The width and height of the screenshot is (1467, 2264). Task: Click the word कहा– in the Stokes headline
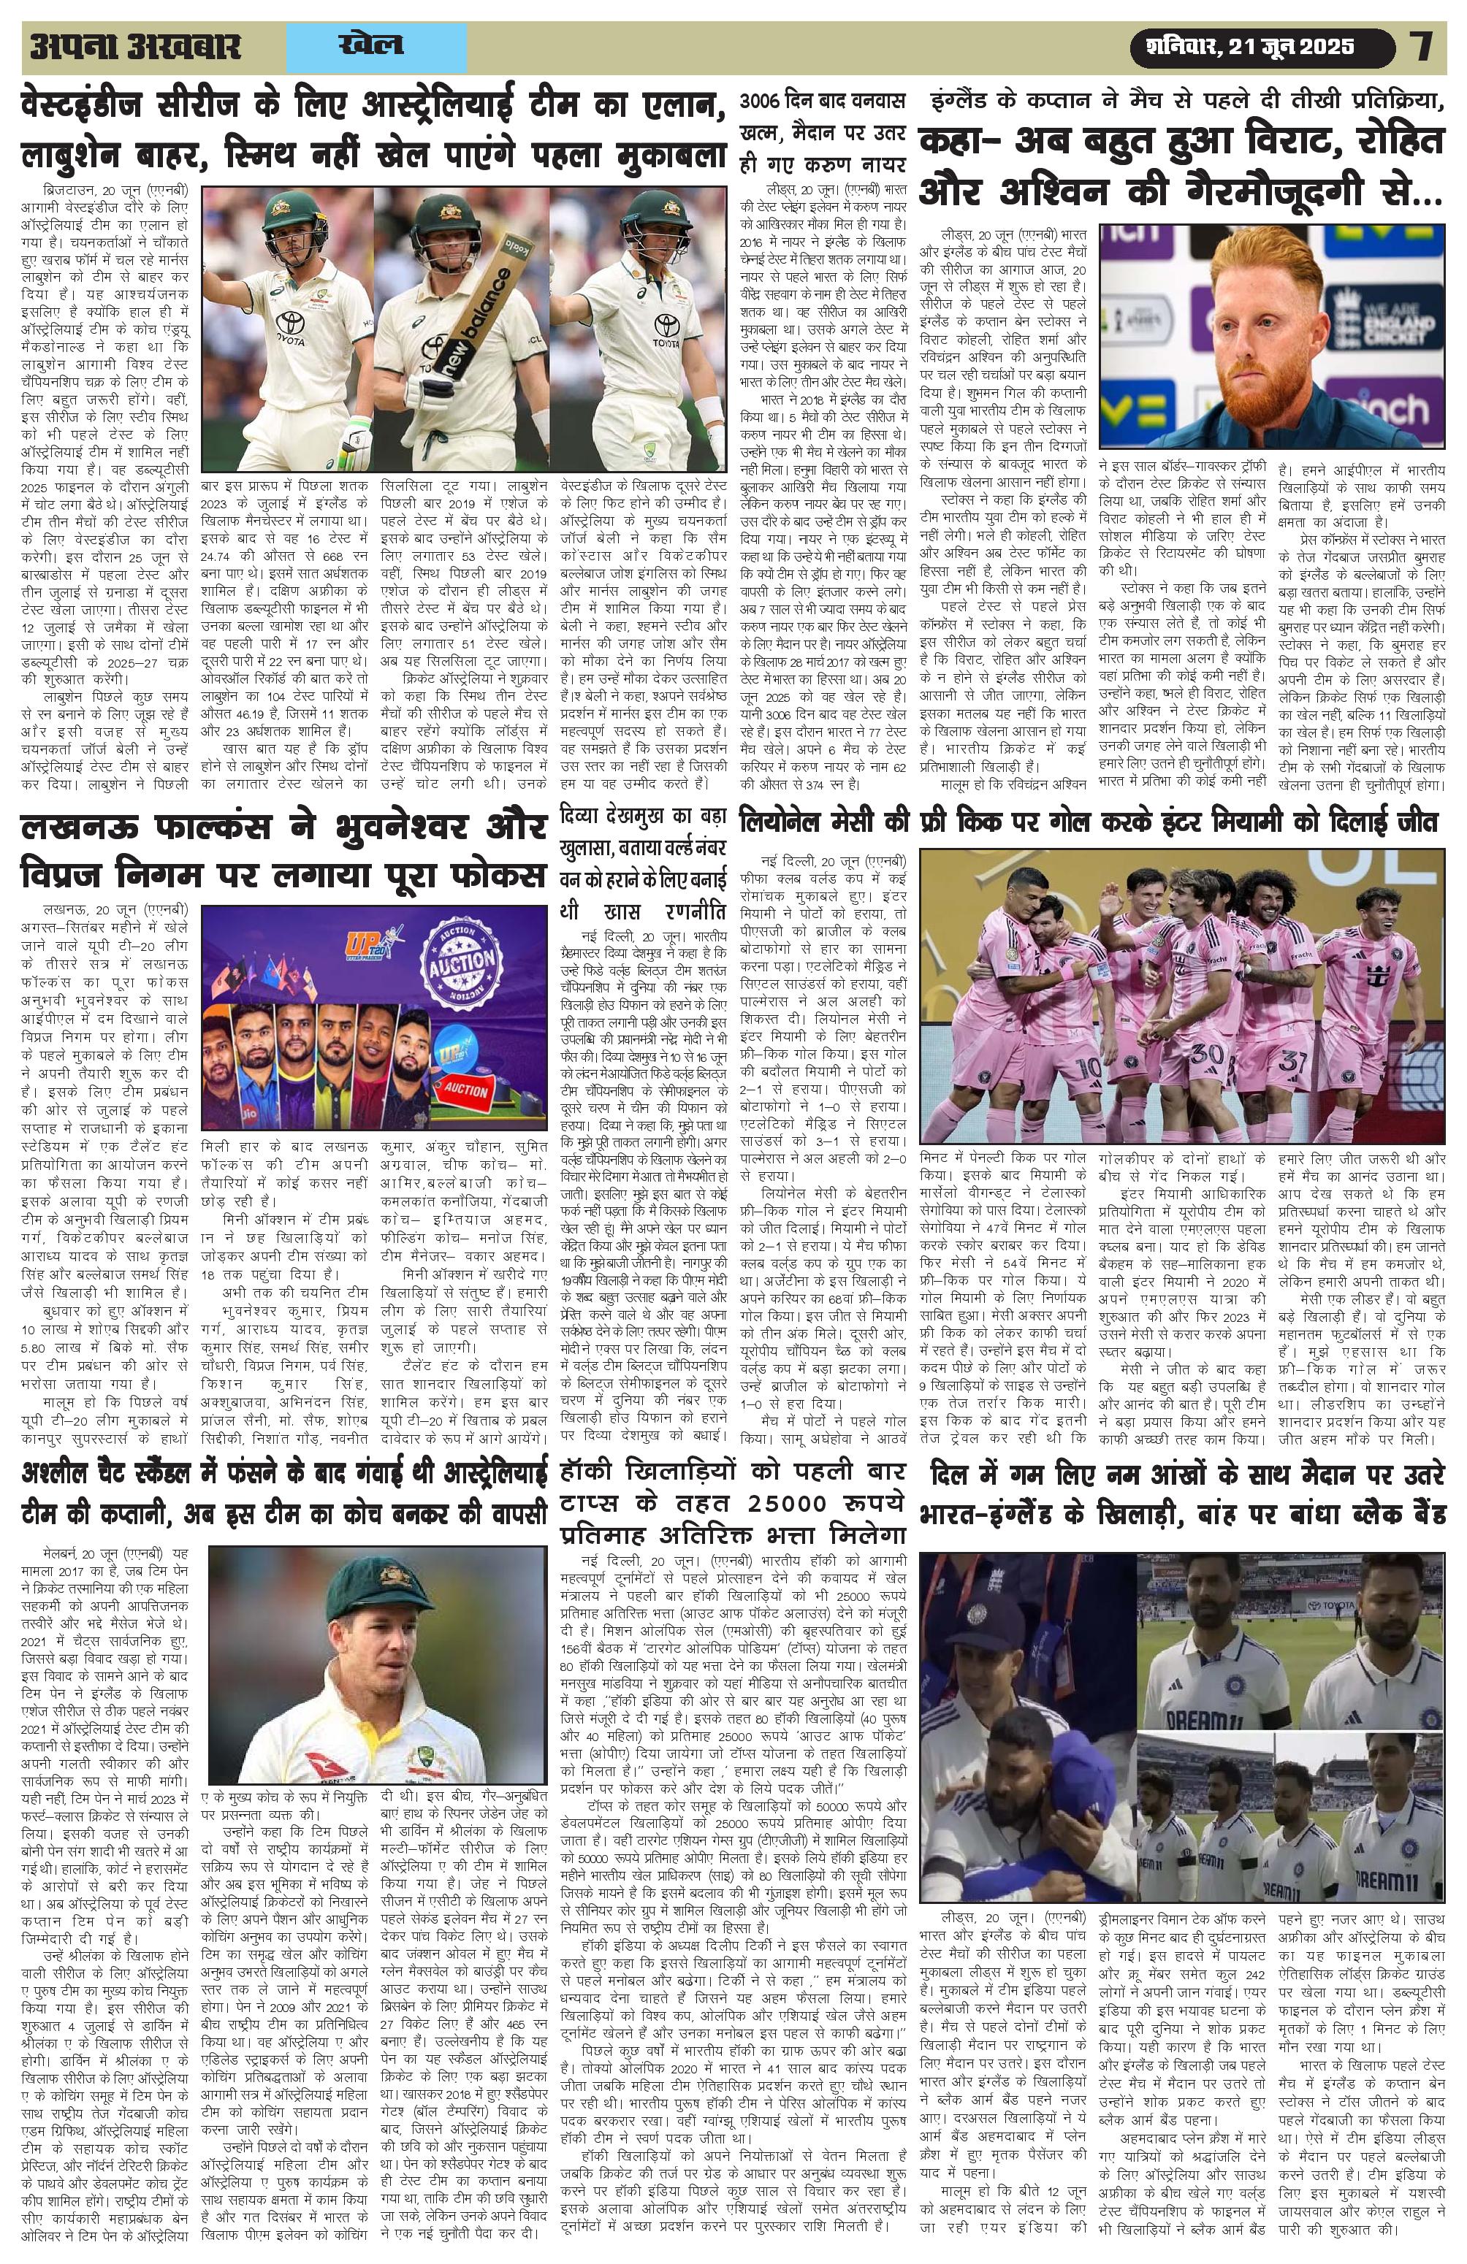pyautogui.click(x=969, y=145)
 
